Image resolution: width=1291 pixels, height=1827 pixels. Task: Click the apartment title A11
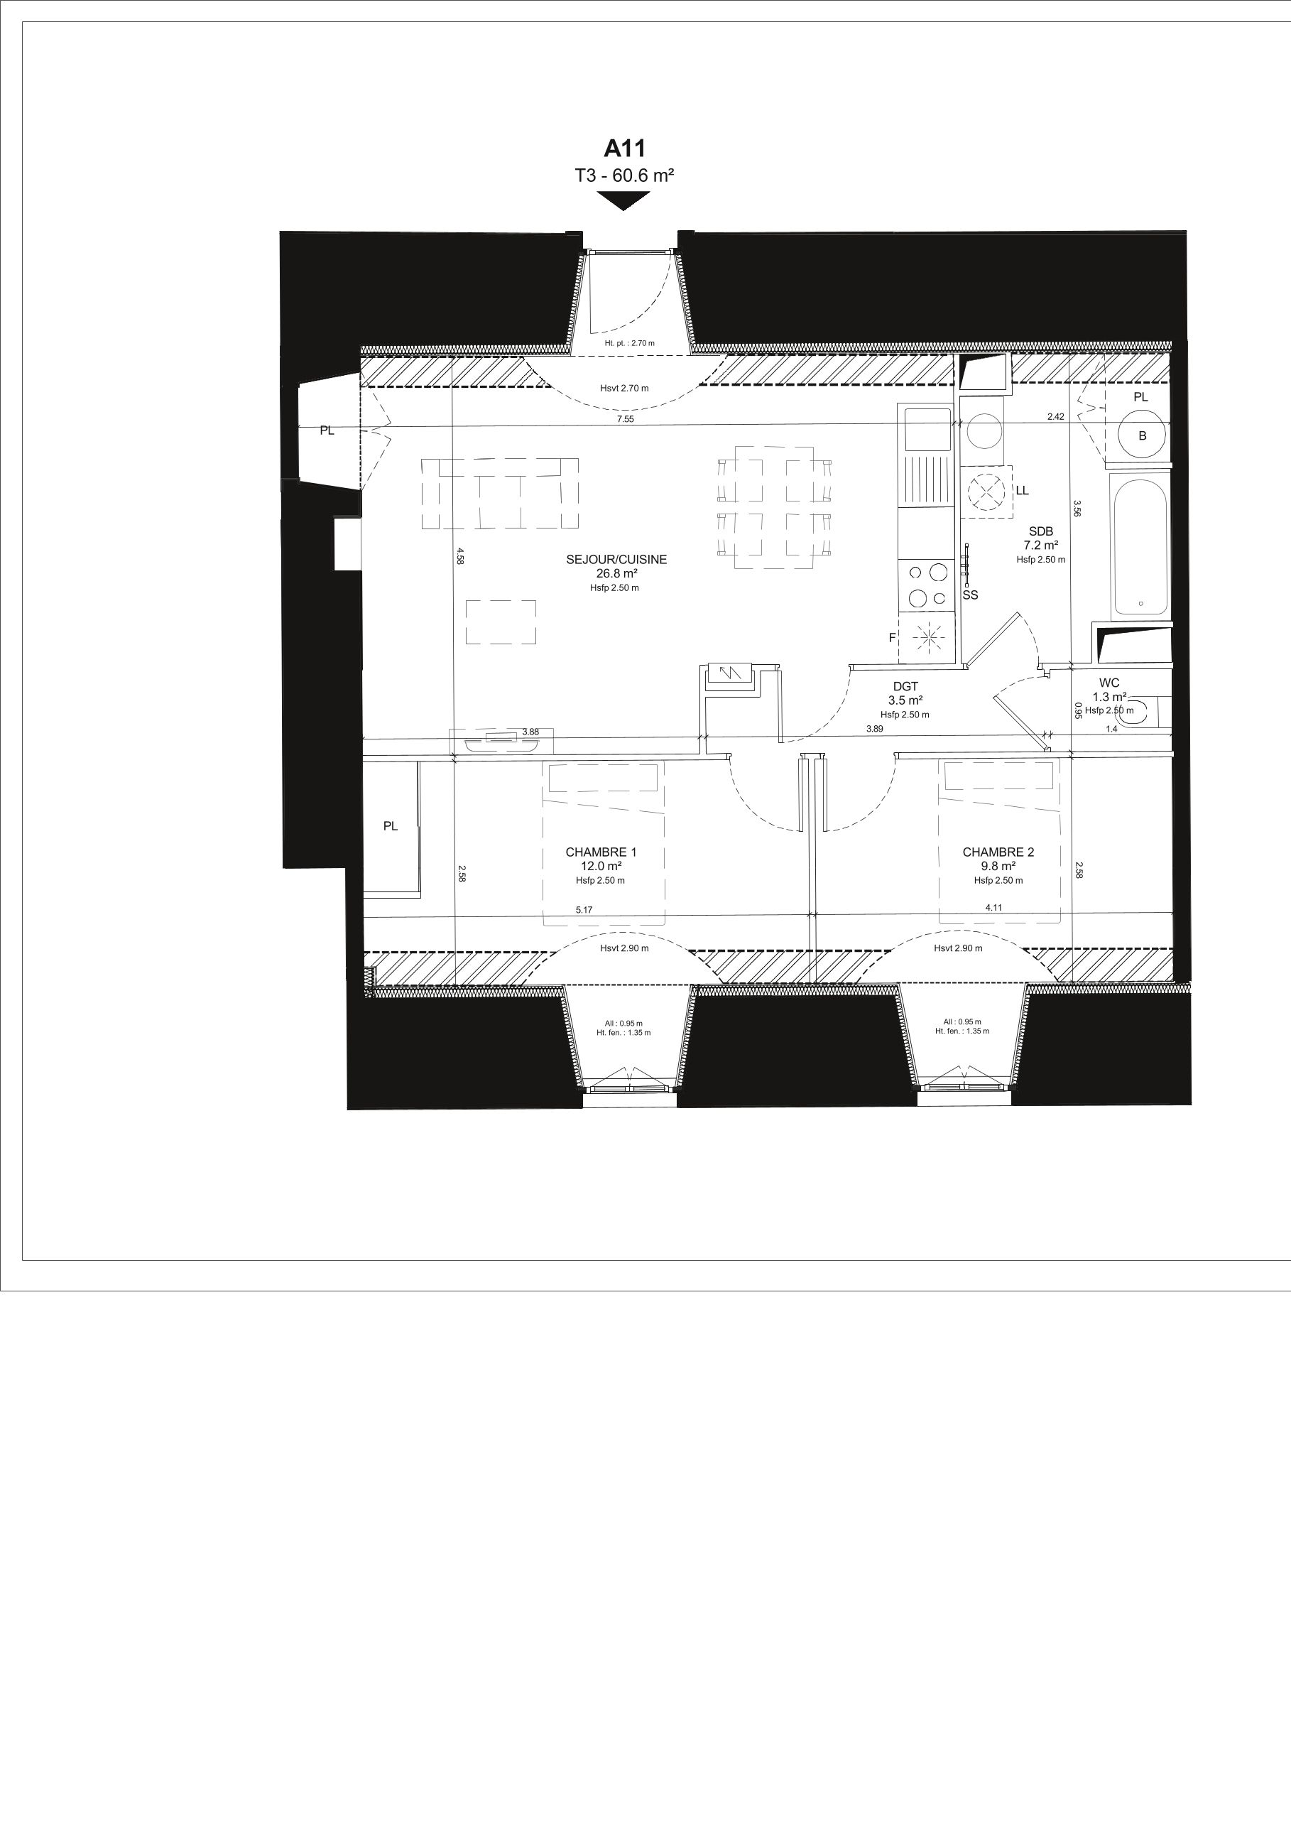[624, 148]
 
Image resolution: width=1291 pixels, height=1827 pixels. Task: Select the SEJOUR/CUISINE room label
[616, 560]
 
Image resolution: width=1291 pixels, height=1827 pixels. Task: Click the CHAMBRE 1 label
[601, 852]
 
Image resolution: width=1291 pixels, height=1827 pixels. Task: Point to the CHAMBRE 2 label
[998, 852]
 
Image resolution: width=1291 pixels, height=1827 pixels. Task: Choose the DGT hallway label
[905, 687]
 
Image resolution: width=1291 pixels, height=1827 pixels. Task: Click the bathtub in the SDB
[1140, 546]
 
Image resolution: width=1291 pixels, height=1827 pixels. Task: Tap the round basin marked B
[1143, 435]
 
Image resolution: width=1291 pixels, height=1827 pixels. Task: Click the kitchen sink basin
[926, 430]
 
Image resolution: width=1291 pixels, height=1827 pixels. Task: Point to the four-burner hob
[926, 585]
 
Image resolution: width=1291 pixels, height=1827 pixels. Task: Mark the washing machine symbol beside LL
[986, 492]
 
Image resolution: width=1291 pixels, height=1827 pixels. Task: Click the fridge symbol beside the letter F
[926, 637]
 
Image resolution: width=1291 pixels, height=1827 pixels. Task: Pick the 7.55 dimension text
[625, 418]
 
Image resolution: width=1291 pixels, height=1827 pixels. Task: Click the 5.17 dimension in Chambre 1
[584, 909]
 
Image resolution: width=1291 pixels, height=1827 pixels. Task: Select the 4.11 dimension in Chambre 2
[993, 907]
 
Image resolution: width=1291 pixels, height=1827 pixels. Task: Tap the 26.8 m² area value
[616, 573]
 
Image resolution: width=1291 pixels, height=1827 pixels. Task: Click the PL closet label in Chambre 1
[390, 826]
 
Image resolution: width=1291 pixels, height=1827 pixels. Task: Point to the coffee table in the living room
[501, 622]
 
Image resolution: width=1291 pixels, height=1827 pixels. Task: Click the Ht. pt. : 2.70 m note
[629, 343]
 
